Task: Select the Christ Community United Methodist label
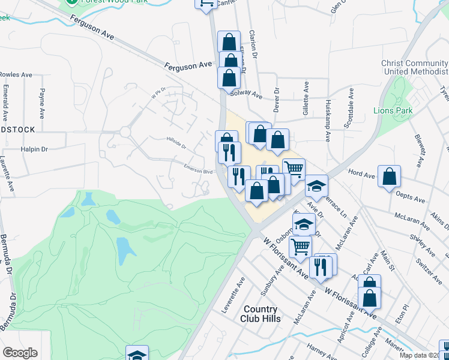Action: (x=415, y=68)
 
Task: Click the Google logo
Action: (x=20, y=353)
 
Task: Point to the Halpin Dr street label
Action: (x=34, y=149)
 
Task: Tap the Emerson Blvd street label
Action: (x=198, y=170)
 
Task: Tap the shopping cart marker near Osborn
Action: (x=300, y=245)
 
